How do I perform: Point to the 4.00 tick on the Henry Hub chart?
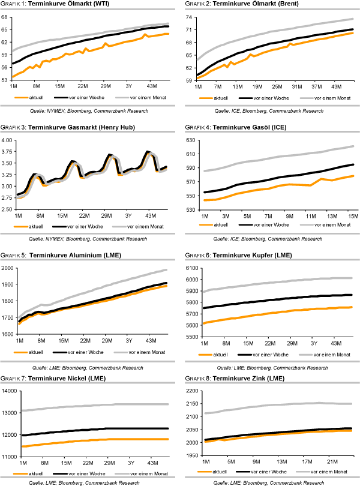pyautogui.click(x=8, y=140)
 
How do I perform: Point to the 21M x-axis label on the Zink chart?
pyautogui.click(x=331, y=462)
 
